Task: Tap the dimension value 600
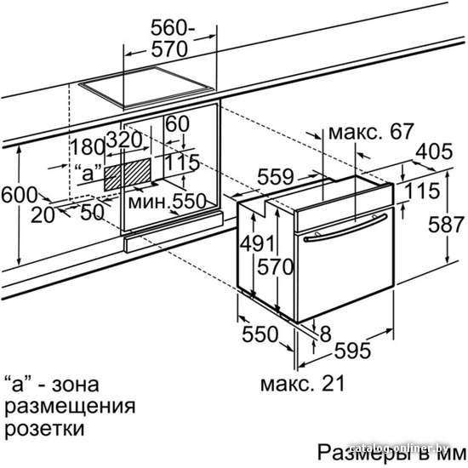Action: tap(19, 195)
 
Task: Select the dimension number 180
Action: tap(87, 146)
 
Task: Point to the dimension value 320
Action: tap(124, 140)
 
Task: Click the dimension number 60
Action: tap(177, 123)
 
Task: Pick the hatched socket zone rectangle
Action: tap(128, 174)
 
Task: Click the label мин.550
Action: tap(167, 201)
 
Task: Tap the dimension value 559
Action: tap(275, 177)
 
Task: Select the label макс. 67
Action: tap(371, 131)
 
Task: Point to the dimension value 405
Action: tap(434, 151)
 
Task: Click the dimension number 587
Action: tap(447, 225)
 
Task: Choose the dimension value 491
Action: tap(257, 243)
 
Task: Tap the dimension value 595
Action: tap(352, 351)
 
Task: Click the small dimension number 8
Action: tap(326, 334)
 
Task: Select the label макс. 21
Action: tap(303, 383)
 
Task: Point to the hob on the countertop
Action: tap(146, 87)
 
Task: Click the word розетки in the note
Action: tap(44, 429)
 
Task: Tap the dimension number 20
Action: tap(43, 215)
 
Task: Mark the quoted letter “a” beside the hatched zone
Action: tap(88, 173)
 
